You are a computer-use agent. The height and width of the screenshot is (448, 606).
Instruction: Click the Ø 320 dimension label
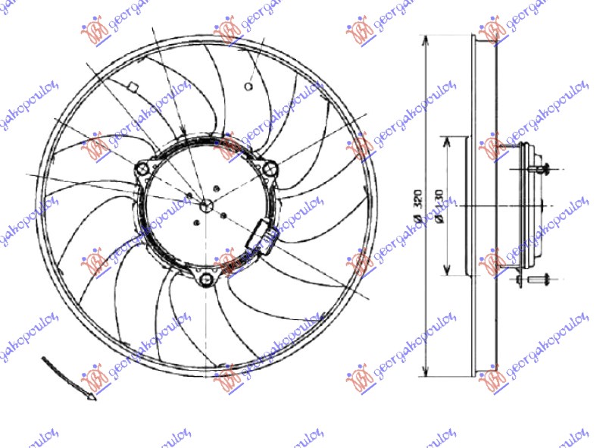(417, 207)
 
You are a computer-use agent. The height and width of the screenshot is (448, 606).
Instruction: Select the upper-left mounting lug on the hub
(142, 171)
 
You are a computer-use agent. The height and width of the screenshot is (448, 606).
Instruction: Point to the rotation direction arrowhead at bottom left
(91, 395)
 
